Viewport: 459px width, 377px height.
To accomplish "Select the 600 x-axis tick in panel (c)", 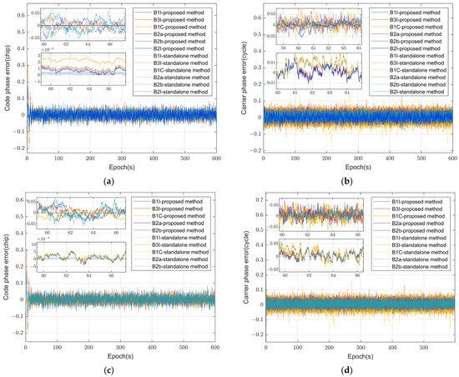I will point(219,348).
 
